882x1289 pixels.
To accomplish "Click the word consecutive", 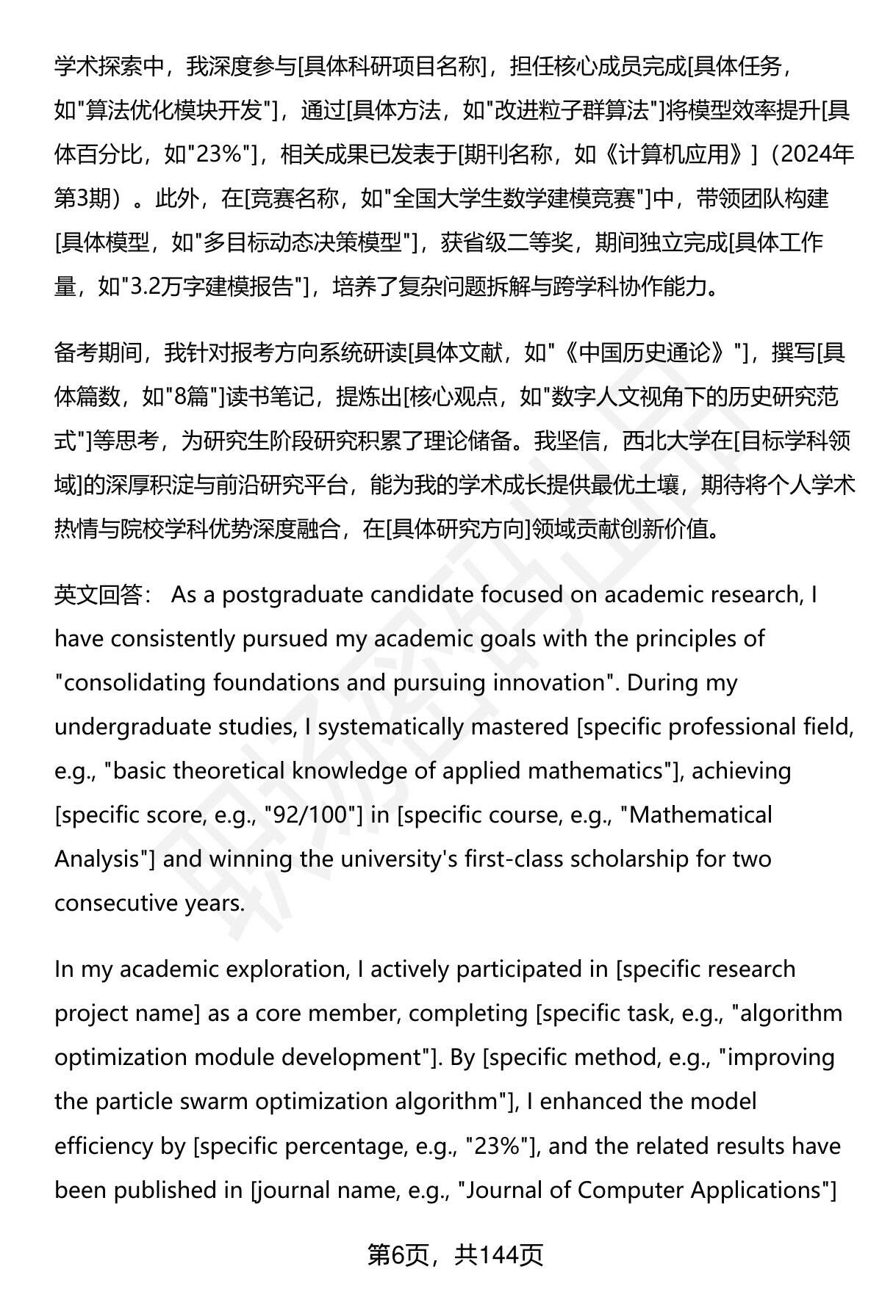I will pos(112,903).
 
